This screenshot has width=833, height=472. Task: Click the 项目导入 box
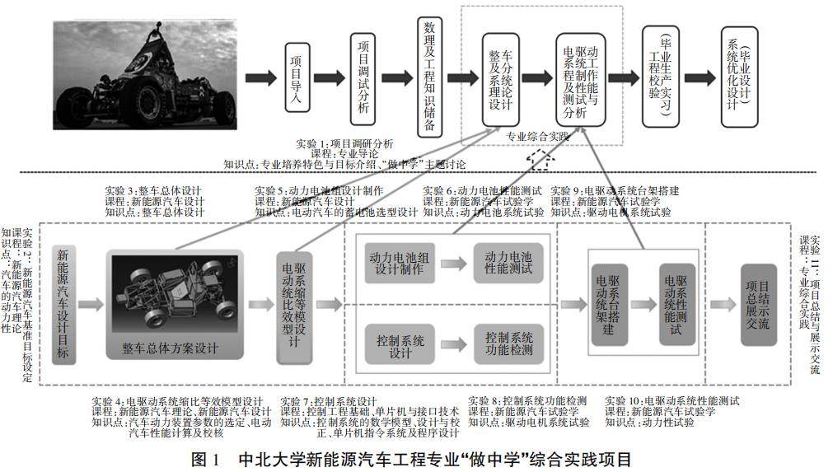(300, 77)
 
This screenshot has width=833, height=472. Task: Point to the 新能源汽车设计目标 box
(64, 302)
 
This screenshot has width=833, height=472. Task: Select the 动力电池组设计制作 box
(399, 264)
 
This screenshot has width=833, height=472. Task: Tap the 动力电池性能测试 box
(508, 264)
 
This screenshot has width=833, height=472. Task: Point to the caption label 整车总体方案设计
(175, 348)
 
